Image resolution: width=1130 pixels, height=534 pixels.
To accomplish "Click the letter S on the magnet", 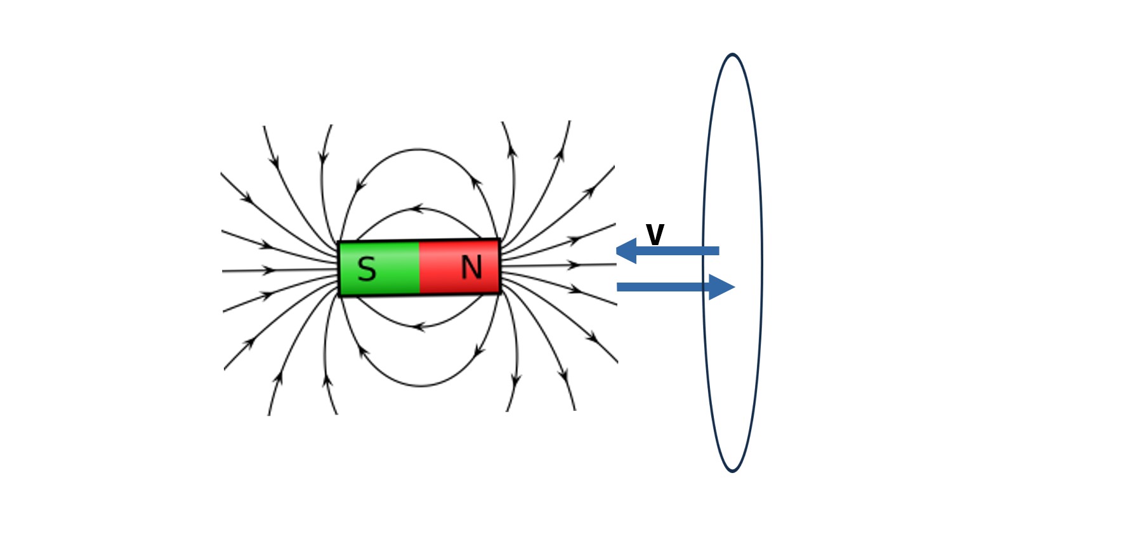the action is point(367,269).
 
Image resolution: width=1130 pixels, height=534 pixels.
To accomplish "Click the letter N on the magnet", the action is point(471,267).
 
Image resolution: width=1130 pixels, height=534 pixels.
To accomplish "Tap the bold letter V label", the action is point(655,234).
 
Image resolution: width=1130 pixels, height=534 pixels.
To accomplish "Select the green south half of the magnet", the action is point(379,269).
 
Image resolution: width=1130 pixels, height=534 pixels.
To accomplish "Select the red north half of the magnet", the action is point(460,267).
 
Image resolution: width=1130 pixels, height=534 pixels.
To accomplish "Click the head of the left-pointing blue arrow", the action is point(626,251).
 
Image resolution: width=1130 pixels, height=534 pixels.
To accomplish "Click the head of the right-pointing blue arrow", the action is point(722,287).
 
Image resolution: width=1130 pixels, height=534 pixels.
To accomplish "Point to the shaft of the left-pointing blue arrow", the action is point(678,251).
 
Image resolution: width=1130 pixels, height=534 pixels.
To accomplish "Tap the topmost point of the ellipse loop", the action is point(732,55).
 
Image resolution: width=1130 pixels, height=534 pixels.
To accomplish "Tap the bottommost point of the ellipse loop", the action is point(732,471).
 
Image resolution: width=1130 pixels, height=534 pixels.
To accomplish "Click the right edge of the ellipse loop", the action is point(761,263).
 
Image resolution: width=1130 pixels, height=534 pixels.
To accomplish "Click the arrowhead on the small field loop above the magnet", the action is point(416,208).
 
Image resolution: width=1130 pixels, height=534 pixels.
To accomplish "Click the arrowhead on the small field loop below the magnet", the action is point(418,327).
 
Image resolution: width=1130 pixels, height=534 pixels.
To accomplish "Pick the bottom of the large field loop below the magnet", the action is point(421,385).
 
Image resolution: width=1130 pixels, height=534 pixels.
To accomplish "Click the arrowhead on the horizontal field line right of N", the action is point(574,265).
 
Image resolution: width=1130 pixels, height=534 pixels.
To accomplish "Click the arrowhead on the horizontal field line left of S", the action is point(270,270).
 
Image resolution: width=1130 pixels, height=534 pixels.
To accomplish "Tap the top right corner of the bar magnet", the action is point(500,239).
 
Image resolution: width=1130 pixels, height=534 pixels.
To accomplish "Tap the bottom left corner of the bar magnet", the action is point(339,296).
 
